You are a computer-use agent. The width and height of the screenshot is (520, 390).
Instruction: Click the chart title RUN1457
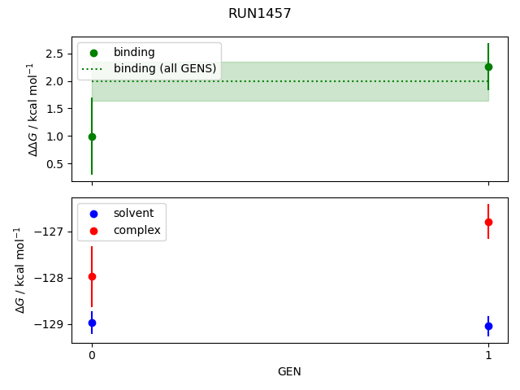260,14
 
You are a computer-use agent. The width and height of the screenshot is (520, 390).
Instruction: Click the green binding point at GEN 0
92,136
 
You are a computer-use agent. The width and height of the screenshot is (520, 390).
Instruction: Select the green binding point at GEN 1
488,67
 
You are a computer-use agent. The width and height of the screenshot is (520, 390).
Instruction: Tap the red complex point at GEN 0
92,276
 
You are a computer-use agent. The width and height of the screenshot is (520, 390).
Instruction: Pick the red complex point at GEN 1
488,222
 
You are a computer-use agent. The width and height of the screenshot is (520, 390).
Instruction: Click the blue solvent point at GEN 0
92,323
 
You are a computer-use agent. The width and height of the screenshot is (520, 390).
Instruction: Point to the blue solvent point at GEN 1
488,326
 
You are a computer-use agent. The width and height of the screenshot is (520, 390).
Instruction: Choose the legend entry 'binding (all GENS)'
165,69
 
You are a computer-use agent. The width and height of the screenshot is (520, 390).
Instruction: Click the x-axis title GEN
290,371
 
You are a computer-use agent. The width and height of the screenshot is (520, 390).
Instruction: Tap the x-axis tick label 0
92,355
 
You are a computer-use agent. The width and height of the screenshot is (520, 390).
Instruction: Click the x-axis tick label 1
488,355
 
